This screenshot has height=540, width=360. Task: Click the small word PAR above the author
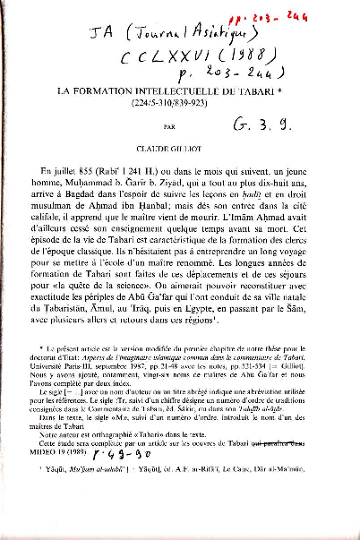coord(171,128)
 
